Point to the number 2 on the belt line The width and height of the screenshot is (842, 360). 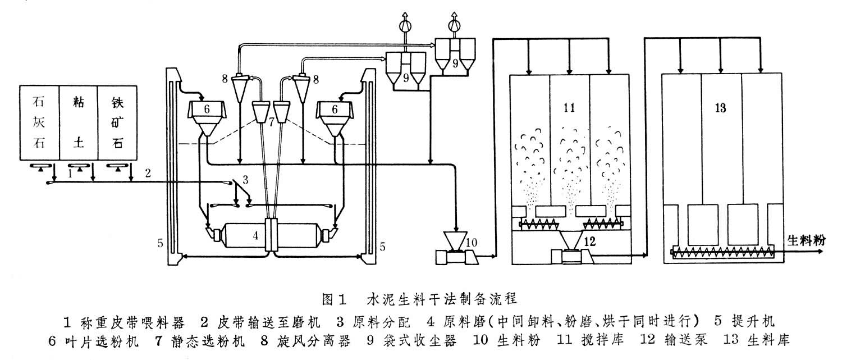click(x=148, y=171)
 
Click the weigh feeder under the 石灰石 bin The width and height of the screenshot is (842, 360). click(x=40, y=167)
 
